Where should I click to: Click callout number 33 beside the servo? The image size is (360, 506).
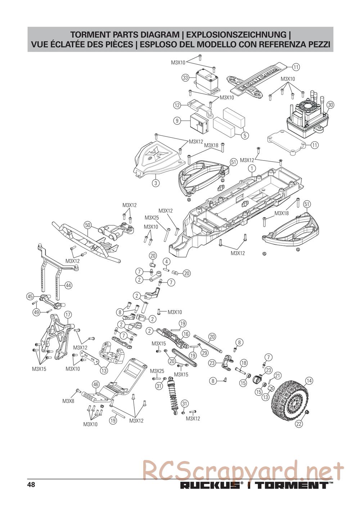185,77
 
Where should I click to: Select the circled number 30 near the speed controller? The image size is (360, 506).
331,105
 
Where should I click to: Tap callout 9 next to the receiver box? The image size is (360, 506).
177,121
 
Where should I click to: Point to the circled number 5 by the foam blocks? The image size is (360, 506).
245,136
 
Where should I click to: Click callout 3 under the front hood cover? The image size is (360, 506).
156,183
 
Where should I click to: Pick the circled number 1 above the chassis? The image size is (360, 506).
252,168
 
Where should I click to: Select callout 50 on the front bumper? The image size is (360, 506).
87,225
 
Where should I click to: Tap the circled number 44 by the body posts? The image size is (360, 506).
68,285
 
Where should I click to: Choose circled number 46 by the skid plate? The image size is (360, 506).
95,384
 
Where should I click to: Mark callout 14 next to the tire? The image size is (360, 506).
309,380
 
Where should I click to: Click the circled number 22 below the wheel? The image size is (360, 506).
299,424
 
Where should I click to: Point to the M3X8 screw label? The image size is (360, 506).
68,401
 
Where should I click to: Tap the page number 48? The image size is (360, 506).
31,484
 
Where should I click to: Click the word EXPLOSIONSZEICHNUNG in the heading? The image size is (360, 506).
238,35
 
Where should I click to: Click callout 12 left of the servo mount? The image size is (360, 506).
177,105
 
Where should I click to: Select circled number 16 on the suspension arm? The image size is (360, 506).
186,334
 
